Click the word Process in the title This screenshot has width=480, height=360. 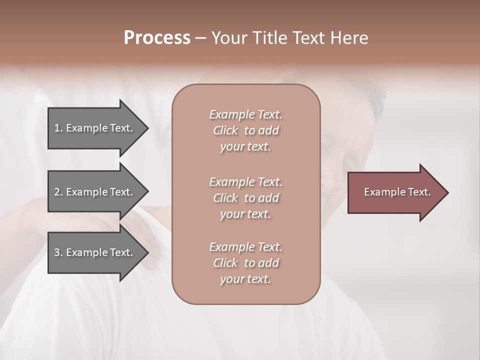tap(157, 38)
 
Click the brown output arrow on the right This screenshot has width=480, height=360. tap(395, 192)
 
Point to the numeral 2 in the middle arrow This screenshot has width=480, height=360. tap(57, 192)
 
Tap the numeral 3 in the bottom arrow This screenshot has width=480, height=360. tap(57, 252)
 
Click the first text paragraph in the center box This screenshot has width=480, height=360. tap(245, 130)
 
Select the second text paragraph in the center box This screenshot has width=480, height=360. tap(245, 198)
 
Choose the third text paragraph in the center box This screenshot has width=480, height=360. tap(245, 263)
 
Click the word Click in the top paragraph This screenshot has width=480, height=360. tap(225, 130)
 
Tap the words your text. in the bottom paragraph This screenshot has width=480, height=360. tap(245, 279)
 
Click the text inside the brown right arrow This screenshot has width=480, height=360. tap(397, 192)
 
